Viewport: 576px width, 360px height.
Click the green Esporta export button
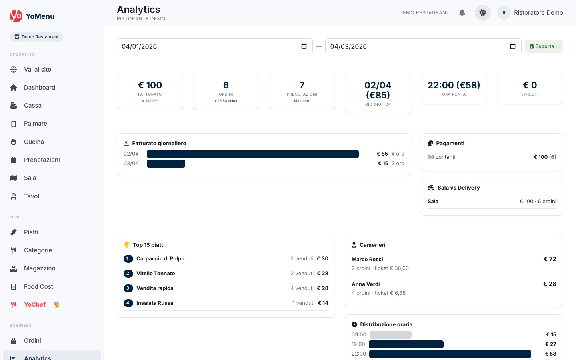[544, 46]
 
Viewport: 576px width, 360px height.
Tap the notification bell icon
[462, 13]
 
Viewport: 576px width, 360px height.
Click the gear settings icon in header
[483, 13]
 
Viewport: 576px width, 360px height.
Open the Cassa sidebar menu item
[32, 106]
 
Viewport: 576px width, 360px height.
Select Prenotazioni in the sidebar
[42, 160]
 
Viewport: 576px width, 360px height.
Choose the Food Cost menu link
[38, 287]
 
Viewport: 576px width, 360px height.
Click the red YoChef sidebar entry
[34, 305]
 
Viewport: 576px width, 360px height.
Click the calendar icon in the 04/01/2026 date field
[304, 46]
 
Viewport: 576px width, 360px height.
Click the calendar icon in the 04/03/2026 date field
[513, 46]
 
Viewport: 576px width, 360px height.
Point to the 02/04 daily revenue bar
[252, 154]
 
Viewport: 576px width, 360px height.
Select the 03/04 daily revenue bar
[166, 164]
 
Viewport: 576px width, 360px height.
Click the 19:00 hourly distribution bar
[406, 344]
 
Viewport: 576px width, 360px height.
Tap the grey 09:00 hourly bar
[390, 335]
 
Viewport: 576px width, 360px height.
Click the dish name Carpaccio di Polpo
[160, 259]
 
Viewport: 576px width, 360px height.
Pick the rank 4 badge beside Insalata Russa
[128, 303]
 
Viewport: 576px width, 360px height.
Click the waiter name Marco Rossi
[367, 259]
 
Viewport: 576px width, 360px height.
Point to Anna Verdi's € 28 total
[550, 284]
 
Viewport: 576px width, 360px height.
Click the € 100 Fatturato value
[150, 85]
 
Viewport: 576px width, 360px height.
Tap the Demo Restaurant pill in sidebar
[36, 37]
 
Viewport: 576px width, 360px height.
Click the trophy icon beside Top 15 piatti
[126, 245]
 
